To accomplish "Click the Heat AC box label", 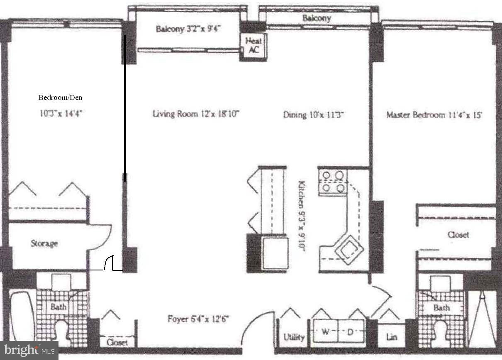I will click(253, 46).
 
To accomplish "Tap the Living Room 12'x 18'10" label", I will click(196, 114).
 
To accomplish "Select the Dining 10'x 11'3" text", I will click(314, 114).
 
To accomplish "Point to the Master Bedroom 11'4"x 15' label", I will click(434, 115).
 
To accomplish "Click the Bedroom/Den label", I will click(60, 98).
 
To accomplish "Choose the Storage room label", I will click(44, 243).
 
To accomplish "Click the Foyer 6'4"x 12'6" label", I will click(198, 319).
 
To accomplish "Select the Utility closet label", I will click(294, 337).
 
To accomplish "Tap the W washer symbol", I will click(324, 332).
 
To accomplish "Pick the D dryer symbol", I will click(350, 332).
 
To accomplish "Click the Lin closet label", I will click(391, 337).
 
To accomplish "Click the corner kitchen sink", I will click(348, 249).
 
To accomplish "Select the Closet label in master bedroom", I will click(458, 235).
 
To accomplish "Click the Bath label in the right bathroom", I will click(441, 308).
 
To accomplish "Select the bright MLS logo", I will click(29, 350).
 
